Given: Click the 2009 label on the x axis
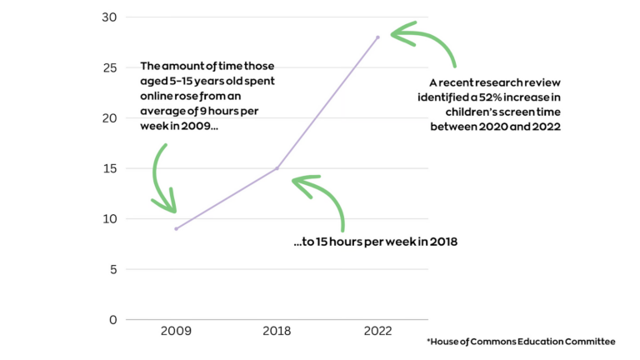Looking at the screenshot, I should coord(176,332).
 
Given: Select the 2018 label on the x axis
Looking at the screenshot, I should coord(277,332).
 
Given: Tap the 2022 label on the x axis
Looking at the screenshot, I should coord(377,332).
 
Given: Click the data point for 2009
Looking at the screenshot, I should coord(176,228).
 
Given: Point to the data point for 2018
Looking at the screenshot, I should coord(277,168).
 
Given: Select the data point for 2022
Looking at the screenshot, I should coord(377,37).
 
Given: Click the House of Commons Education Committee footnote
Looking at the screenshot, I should coord(521,342).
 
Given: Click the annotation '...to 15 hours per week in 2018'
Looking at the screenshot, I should coord(376,242).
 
